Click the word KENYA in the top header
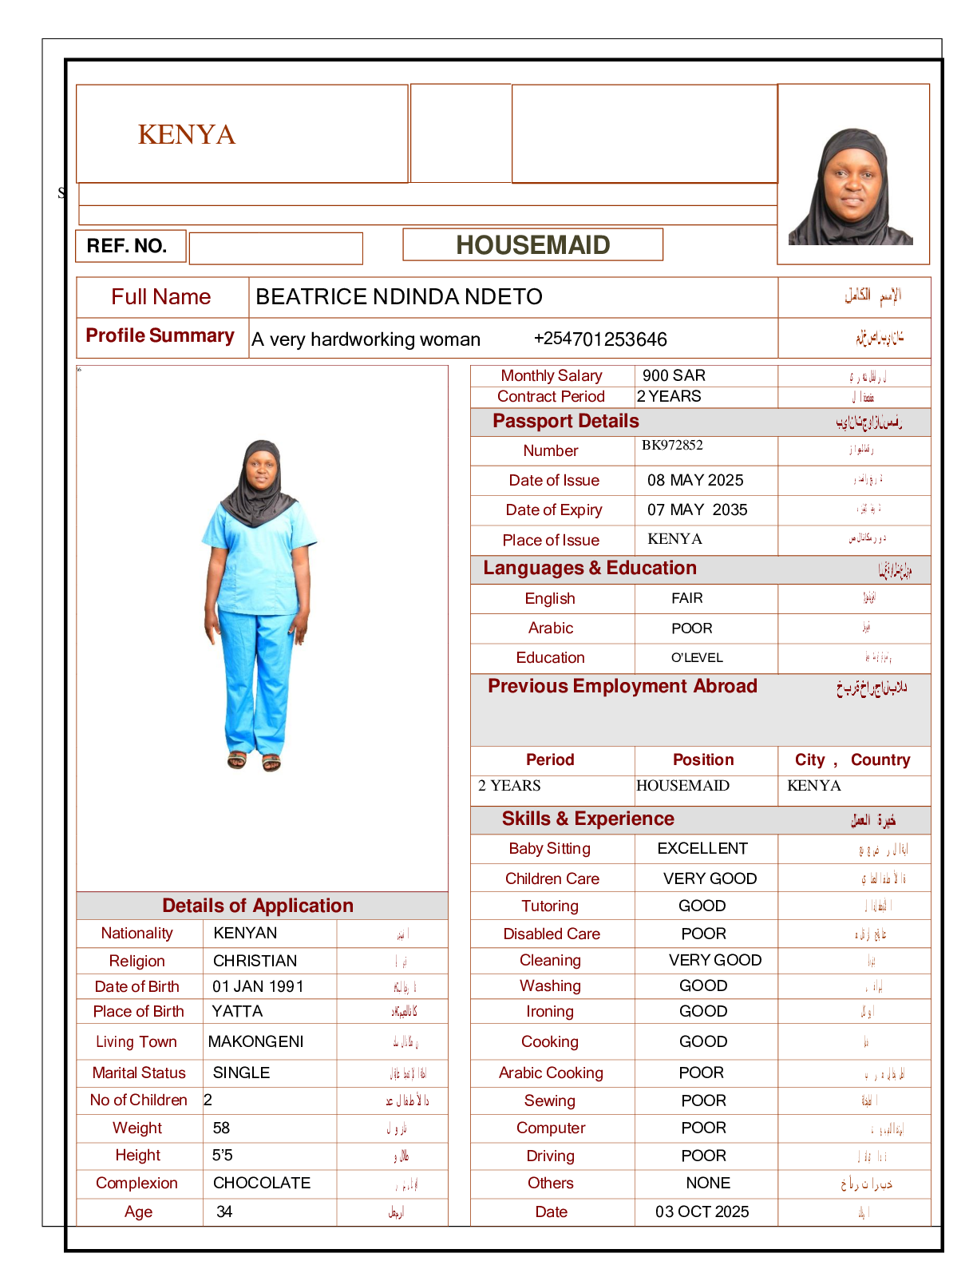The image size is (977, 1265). (187, 134)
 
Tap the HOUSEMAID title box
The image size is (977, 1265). (532, 245)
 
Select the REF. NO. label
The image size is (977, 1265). (127, 246)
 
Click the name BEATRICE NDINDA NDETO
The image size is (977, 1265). (398, 297)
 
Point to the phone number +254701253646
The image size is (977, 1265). (599, 339)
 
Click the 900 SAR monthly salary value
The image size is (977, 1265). (674, 375)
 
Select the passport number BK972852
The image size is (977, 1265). (672, 446)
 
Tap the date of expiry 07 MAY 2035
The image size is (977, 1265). (697, 510)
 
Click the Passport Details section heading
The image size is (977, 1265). (565, 422)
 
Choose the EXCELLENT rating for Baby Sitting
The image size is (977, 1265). (702, 848)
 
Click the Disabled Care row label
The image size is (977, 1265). (551, 934)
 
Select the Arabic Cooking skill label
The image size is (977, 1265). (551, 1073)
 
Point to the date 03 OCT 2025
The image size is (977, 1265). (702, 1211)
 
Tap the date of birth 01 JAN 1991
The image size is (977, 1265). (258, 986)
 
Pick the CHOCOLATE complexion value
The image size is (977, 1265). (262, 1183)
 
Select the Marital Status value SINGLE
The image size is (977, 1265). (241, 1073)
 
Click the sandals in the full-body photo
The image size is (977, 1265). (254, 760)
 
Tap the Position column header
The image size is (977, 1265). (702, 759)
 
